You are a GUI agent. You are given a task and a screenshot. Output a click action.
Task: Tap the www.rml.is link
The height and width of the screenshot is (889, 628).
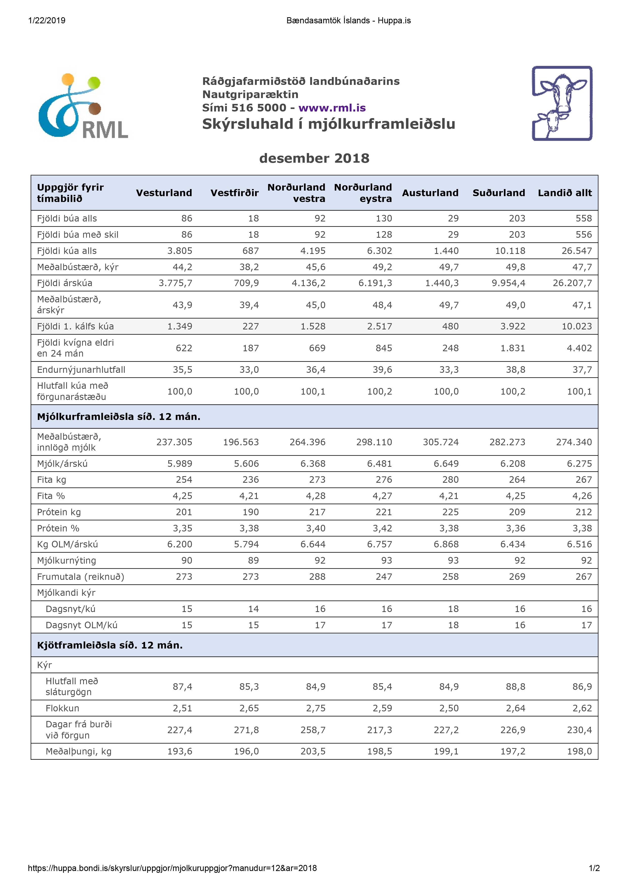pyautogui.click(x=332, y=108)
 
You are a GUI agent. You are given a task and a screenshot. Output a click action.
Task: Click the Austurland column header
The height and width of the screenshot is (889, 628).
pyautogui.click(x=430, y=193)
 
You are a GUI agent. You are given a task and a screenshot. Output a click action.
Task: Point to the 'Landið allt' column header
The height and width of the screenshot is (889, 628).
pyautogui.click(x=565, y=193)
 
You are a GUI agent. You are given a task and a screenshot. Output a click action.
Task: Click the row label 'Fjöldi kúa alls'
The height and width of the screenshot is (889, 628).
pyautogui.click(x=67, y=251)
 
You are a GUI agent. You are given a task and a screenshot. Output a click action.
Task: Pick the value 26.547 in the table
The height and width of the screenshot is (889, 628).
pyautogui.click(x=577, y=251)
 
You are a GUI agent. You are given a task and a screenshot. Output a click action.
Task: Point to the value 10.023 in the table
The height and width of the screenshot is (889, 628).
pyautogui.click(x=577, y=326)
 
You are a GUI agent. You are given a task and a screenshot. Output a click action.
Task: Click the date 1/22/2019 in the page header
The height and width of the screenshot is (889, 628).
pyautogui.click(x=47, y=21)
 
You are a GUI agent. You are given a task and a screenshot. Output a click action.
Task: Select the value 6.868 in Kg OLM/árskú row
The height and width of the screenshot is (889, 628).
pyautogui.click(x=446, y=544)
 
